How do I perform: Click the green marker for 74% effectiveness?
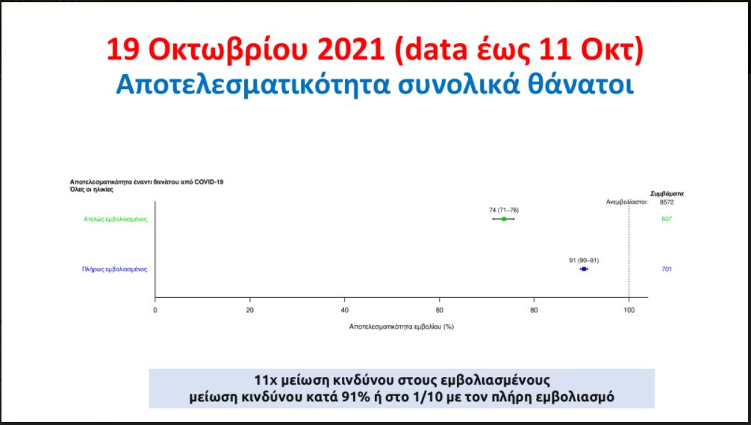point(504,219)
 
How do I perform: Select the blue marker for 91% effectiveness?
point(584,270)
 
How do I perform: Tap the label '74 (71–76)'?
point(504,210)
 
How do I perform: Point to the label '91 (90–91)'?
point(584,260)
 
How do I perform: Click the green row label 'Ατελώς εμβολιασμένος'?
point(116,220)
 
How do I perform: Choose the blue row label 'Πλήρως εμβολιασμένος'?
point(114,270)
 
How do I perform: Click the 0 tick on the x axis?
point(155,310)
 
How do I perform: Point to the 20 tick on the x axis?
point(249,310)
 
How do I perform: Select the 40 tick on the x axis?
point(344,310)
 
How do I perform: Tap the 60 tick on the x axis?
point(439,310)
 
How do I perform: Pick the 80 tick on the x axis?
point(534,310)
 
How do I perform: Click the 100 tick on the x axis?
point(629,310)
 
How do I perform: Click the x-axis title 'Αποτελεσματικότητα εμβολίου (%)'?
point(402,326)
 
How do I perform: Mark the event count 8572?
point(667,202)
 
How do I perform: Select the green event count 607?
point(667,219)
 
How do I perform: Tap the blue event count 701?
point(667,270)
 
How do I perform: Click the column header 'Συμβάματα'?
point(667,193)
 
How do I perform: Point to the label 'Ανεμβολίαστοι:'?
point(627,202)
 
